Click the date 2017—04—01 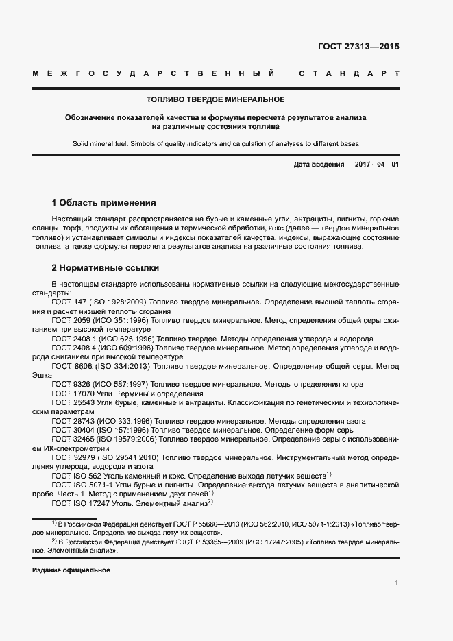point(374,165)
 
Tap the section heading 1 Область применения point(103,203)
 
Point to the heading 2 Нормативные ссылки point(105,267)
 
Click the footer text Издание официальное point(71,570)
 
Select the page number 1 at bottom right point(396,583)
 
